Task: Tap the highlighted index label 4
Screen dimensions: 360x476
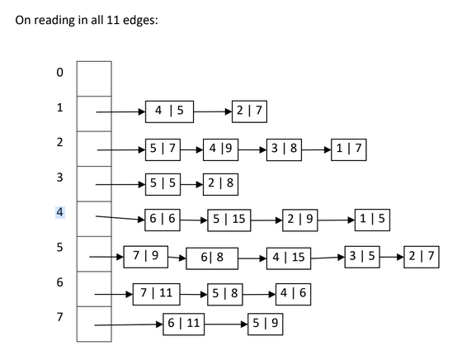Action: tap(59, 212)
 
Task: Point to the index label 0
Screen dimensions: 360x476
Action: tap(59, 73)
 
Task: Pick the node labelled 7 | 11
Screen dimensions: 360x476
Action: tap(157, 292)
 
